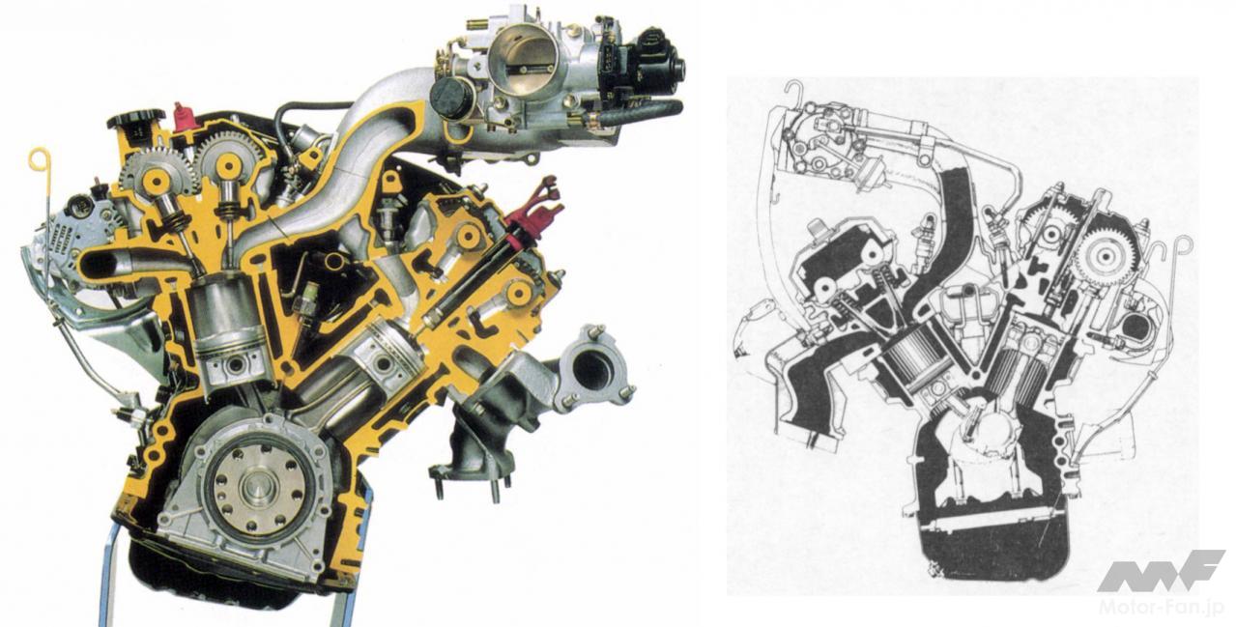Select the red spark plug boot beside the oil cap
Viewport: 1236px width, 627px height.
(182, 117)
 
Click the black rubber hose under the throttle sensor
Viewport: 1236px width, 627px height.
(637, 112)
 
